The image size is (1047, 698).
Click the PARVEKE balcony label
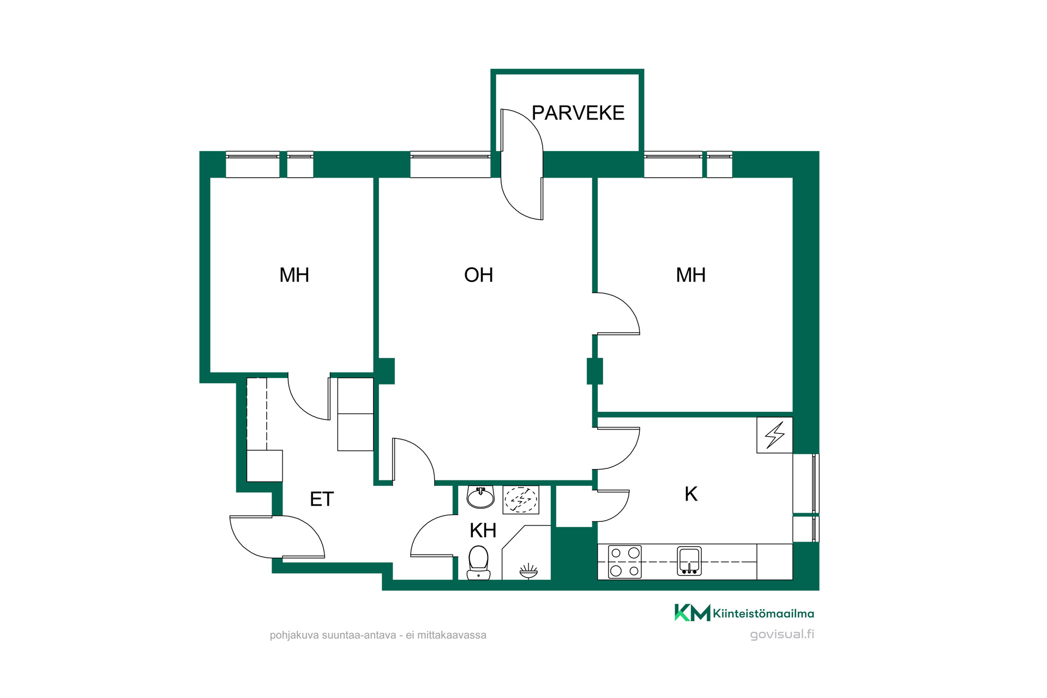578,113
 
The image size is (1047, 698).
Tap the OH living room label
478,275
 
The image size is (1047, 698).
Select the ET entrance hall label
322,499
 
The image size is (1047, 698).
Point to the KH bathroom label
483,530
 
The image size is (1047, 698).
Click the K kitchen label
691,494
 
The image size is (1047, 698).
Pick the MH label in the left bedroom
294,275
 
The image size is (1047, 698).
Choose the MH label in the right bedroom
690,275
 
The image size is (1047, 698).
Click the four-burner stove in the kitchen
625,562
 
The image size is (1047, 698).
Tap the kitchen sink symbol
689,561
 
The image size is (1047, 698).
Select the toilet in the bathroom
479,563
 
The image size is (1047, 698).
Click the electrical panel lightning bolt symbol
774,435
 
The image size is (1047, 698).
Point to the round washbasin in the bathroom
480,497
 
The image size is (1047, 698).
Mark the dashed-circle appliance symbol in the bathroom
521,500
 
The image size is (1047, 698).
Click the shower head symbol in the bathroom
528,571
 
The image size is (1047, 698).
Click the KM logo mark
693,613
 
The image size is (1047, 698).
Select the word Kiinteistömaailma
763,613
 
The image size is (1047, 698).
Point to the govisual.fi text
782,634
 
